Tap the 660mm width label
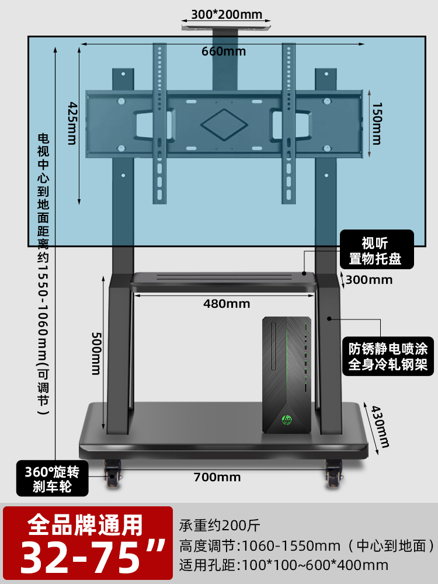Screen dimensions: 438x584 tap(224, 51)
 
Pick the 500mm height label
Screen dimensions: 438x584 tap(95, 354)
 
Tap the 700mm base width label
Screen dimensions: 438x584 tap(217, 477)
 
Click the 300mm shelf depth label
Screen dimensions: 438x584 tap(369, 280)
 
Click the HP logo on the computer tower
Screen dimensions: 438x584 tap(287, 419)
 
